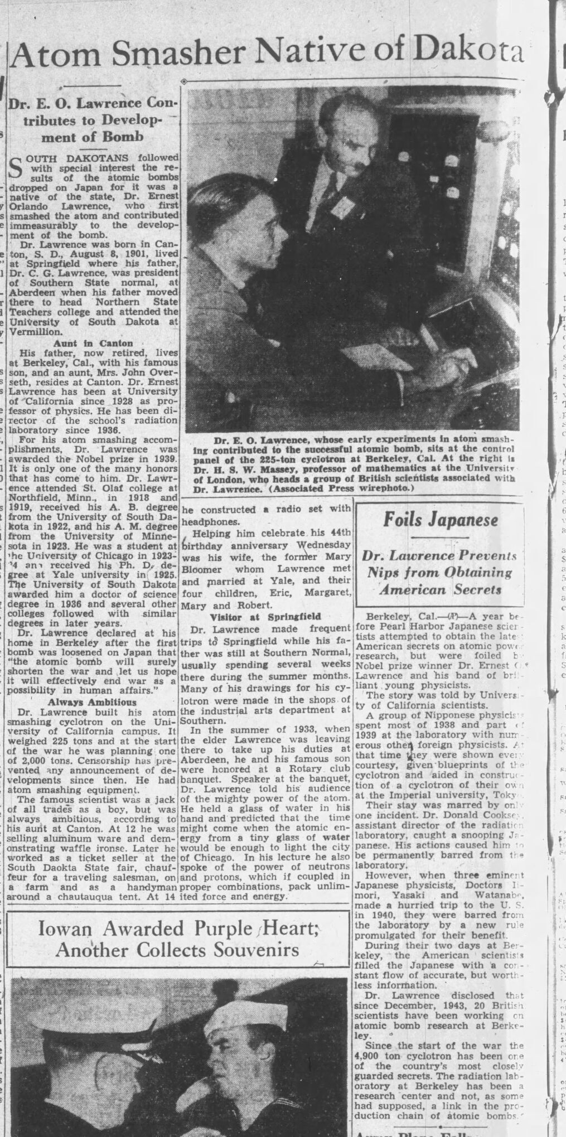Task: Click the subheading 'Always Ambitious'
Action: [91, 701]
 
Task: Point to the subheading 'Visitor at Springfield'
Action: [265, 617]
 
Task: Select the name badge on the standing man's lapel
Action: [339, 207]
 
